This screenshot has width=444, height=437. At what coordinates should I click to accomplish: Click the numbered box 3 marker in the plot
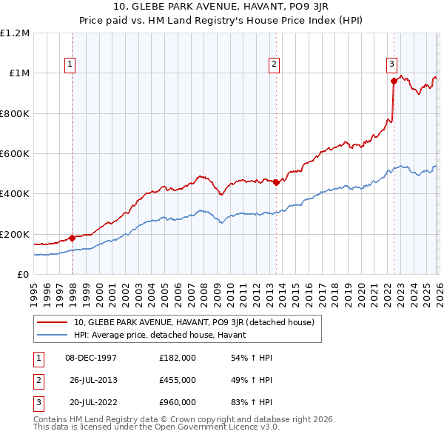(x=391, y=64)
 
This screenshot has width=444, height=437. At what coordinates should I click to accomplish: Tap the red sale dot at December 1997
(x=73, y=238)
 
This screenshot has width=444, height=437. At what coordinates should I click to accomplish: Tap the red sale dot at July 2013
(x=276, y=183)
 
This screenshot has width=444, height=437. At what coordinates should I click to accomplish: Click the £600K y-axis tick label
(x=15, y=154)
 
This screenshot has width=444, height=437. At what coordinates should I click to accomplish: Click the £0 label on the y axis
(x=24, y=274)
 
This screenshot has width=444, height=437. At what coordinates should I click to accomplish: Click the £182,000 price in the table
(x=178, y=358)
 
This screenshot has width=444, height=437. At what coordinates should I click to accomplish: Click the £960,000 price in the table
(x=178, y=402)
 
